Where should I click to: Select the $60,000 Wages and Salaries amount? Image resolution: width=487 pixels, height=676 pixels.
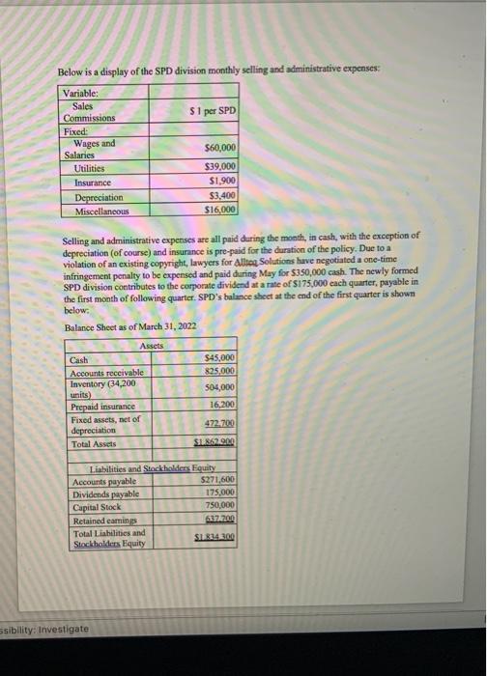(221, 149)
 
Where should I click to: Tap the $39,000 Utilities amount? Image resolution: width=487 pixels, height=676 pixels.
(221, 167)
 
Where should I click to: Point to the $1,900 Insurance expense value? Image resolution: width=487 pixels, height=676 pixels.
(223, 181)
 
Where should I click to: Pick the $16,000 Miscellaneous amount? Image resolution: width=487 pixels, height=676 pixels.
(221, 209)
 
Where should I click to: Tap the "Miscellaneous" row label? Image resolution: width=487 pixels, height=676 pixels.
(101, 210)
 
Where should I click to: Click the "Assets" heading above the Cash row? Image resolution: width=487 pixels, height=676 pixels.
(153, 346)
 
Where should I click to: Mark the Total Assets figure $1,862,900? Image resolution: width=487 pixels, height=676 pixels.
(216, 444)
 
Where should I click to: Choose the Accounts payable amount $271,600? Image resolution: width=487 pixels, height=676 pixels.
(217, 479)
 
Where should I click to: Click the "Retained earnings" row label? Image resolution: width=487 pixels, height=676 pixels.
(102, 518)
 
